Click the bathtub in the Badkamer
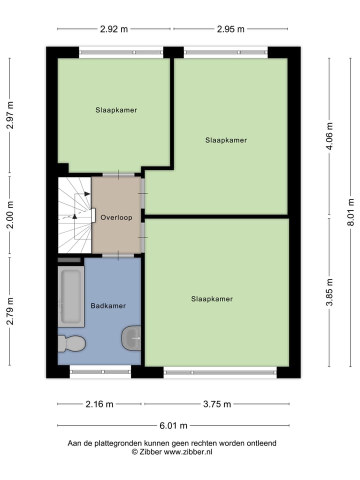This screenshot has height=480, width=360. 70,296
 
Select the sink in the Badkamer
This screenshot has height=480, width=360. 132,338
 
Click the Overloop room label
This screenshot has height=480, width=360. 116,218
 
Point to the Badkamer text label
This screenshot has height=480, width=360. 108,305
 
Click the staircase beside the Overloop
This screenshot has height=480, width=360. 74,215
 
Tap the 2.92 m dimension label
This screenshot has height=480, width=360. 114,29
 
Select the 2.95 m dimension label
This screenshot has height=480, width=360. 230,29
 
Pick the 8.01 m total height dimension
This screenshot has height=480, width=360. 351,212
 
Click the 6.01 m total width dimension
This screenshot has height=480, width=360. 173,426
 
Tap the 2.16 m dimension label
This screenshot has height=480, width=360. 99,404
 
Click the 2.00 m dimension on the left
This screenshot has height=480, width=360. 9,215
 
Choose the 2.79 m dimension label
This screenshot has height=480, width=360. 9,311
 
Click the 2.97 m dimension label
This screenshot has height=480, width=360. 9,115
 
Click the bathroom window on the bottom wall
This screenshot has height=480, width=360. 100,371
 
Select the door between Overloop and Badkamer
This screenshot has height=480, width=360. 118,255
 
